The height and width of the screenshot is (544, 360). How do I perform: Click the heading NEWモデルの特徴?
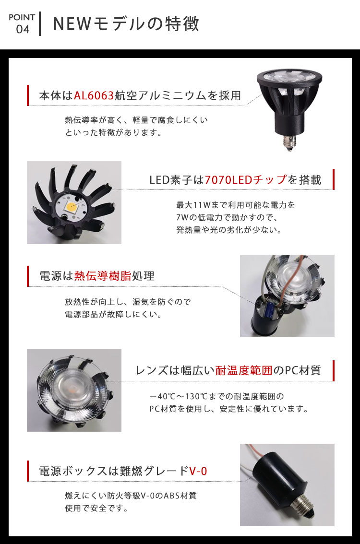point(126,24)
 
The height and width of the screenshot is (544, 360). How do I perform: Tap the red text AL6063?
point(94,95)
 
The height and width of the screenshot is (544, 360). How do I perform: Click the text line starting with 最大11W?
point(235,205)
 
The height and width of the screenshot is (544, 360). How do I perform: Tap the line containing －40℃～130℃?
point(216,397)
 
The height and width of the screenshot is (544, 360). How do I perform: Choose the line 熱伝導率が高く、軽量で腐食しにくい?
point(136,119)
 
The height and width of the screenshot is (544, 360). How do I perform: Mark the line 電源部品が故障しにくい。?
point(113,315)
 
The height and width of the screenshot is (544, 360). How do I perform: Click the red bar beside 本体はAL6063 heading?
point(28,95)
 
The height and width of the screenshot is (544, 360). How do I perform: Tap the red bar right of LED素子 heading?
point(333,179)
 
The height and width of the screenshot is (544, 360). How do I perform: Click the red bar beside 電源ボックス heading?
point(28,471)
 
